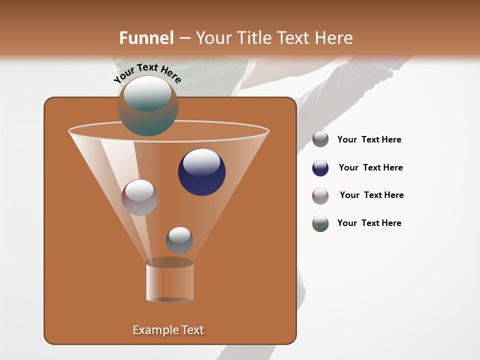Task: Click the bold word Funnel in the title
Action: pos(146,38)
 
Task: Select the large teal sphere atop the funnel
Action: pos(147,106)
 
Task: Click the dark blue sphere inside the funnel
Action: pos(202,172)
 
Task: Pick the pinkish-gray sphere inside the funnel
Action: pos(139,197)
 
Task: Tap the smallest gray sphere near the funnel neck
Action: pos(179,240)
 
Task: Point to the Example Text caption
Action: pos(168,330)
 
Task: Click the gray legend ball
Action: pos(320,139)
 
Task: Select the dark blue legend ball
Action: pos(320,168)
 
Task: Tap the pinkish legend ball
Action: pos(320,196)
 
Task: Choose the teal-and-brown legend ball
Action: pos(320,223)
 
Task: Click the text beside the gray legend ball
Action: pos(369,140)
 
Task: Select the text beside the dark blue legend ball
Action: pos(370,168)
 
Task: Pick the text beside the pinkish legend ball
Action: pos(371,195)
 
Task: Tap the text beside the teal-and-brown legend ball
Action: pos(369,223)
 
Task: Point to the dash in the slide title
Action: pos(184,38)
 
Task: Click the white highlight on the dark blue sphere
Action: pos(201,162)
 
